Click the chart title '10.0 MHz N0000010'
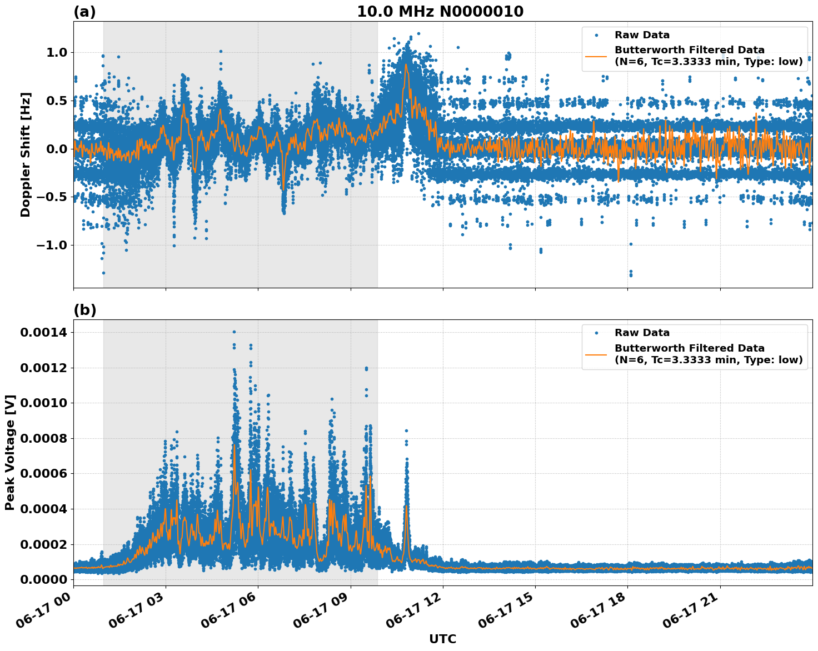(440, 12)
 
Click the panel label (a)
(84, 12)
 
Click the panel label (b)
(84, 310)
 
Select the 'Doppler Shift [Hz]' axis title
(26, 154)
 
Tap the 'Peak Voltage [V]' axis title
(10, 452)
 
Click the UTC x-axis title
(442, 639)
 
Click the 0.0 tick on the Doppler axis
(56, 149)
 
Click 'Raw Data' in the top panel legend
(642, 35)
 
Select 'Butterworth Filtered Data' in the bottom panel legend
(689, 348)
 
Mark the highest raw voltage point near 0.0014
(234, 332)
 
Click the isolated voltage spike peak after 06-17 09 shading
(406, 430)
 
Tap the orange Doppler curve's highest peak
(406, 64)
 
